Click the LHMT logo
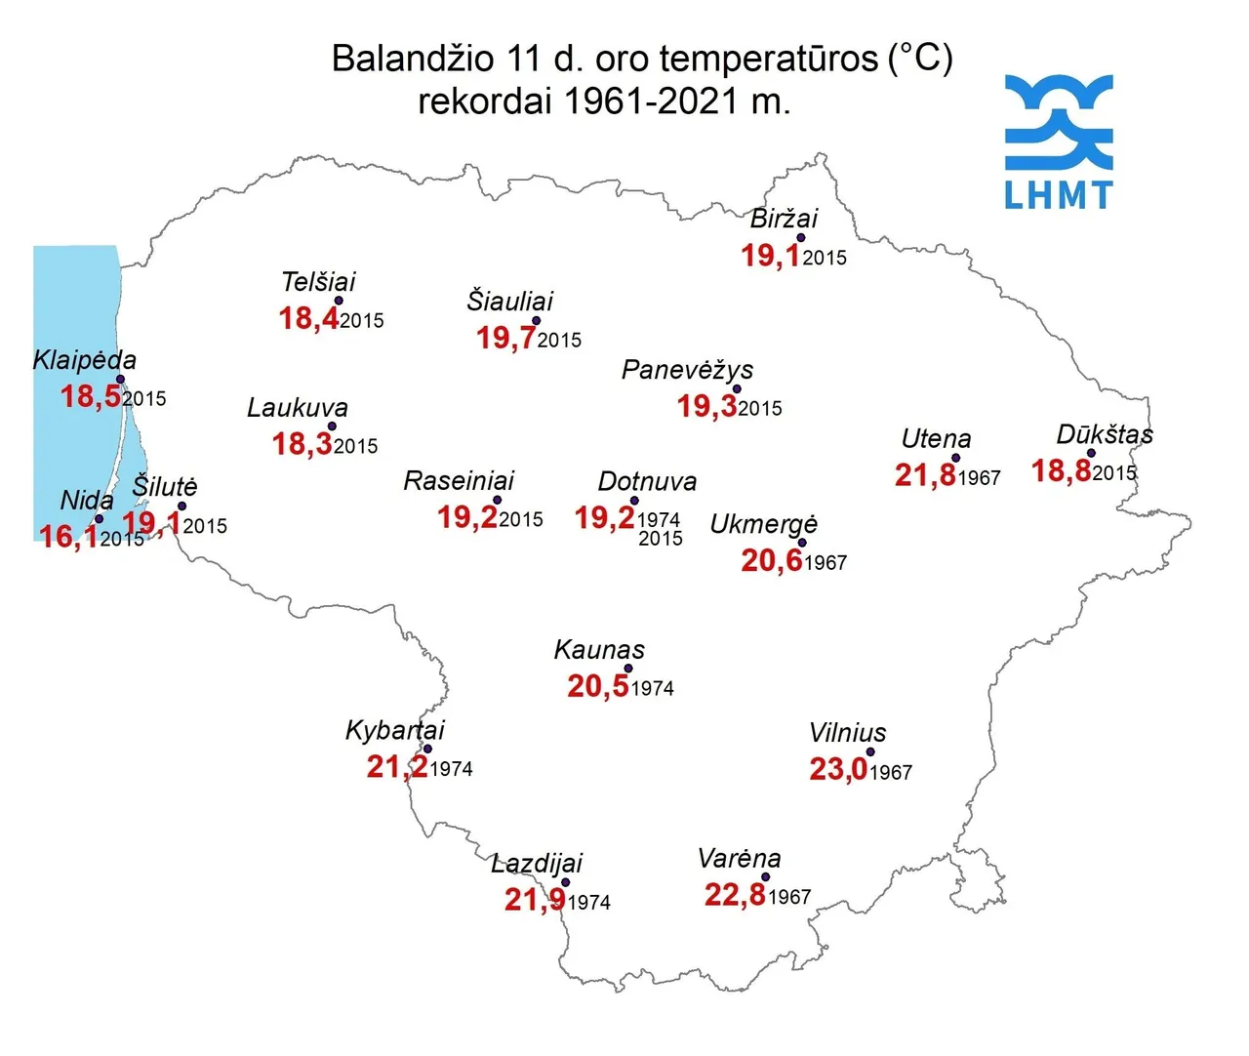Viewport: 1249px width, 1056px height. coord(1059,142)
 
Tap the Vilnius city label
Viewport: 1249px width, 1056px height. coord(847,733)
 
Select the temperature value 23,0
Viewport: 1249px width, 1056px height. coord(838,770)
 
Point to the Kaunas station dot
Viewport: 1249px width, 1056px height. coord(628,670)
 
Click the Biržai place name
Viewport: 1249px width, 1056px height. coord(784,219)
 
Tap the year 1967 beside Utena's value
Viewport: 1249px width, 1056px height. coord(980,478)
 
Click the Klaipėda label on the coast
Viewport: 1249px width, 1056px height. coord(85,360)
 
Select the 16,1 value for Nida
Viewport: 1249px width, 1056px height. coord(68,537)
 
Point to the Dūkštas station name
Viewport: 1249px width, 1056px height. coord(1105,434)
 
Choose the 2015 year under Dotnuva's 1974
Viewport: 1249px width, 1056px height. coord(661,539)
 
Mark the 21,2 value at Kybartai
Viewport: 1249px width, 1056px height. coord(397,767)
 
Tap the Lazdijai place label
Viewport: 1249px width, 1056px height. coord(537,864)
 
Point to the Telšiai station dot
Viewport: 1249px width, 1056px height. coord(339,302)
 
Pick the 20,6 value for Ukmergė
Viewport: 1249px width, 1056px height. coord(771,561)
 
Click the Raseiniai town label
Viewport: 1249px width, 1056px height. coord(459,481)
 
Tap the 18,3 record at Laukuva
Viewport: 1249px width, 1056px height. coord(302,445)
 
